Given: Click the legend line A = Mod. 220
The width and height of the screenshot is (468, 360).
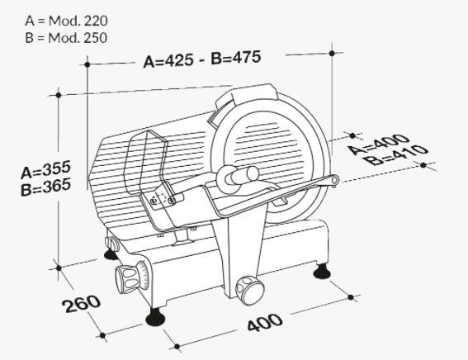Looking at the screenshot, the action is [x=66, y=21].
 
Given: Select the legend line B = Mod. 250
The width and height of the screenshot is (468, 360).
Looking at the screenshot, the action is [x=66, y=38].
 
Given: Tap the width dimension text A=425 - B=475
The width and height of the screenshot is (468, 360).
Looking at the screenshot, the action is [x=202, y=59].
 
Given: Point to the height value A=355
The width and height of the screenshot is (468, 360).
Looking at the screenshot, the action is [x=46, y=169].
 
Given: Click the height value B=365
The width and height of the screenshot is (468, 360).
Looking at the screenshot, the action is [x=46, y=187].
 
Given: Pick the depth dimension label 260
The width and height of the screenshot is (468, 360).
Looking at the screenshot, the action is [x=81, y=303].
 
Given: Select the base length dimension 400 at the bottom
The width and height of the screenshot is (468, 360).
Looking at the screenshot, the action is [x=264, y=322].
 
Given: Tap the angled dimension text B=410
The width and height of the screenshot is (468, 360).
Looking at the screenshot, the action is [x=396, y=154].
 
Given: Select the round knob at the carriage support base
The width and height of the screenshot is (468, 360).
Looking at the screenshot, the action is [x=249, y=289].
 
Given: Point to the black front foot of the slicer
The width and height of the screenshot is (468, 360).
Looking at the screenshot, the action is [x=155, y=317].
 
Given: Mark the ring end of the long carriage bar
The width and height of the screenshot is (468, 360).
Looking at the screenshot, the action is [x=334, y=180].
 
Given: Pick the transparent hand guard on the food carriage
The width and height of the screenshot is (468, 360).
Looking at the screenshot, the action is [x=145, y=163].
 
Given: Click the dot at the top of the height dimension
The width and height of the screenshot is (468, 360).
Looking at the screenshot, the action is [x=59, y=95].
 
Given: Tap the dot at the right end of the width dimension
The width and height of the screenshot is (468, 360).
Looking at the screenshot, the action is [x=332, y=54].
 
